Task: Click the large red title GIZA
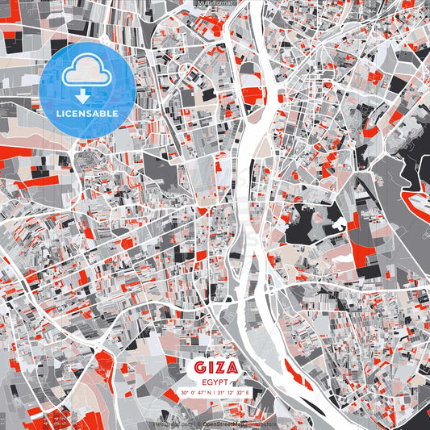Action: point(215,368)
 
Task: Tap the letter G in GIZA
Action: point(199,368)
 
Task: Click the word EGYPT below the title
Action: point(215,382)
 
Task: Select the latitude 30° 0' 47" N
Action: point(197,393)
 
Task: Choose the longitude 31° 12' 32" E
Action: point(235,393)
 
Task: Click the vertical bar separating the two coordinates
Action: point(215,393)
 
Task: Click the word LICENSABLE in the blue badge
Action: point(86,114)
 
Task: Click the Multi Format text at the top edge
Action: point(214,3)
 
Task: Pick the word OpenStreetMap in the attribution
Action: point(225,424)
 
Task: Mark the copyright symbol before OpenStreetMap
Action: point(199,424)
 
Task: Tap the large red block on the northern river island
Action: point(251,94)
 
